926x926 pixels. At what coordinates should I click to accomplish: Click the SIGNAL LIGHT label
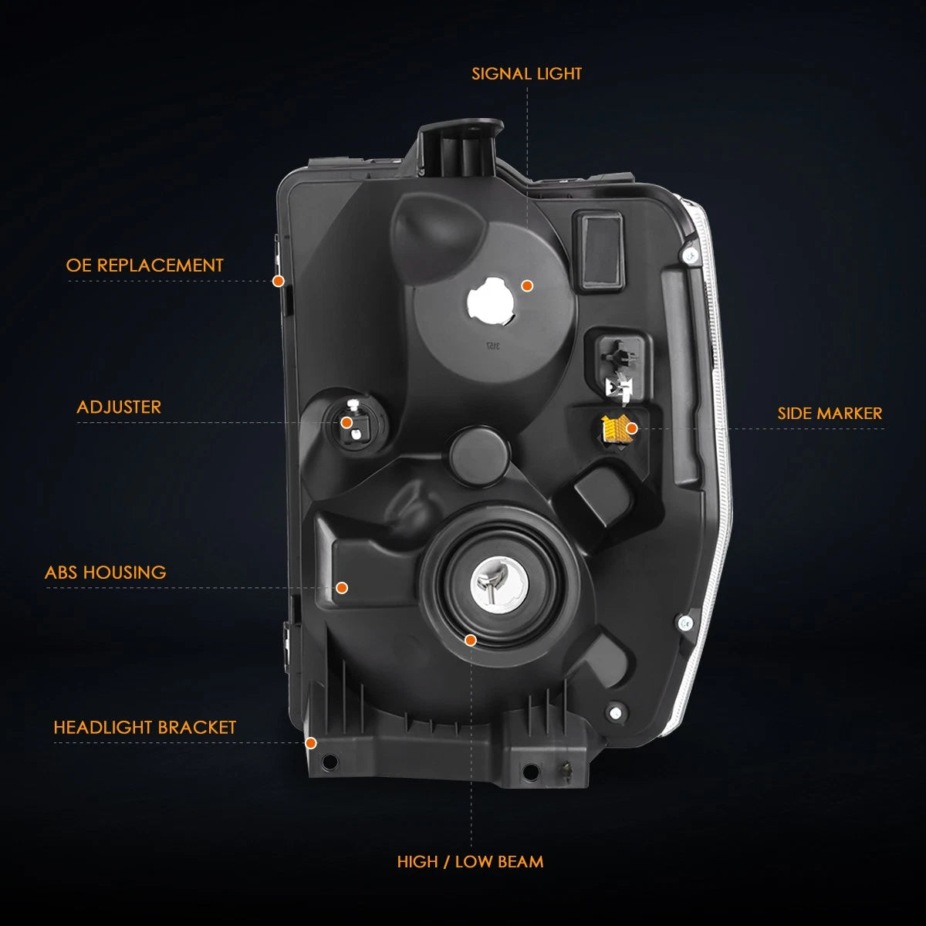coord(526,73)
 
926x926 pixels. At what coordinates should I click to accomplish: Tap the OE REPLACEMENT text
coord(144,265)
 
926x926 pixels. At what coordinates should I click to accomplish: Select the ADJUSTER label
coord(119,407)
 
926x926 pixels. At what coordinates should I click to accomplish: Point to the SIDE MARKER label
coord(830,414)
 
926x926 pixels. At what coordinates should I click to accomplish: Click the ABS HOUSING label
coord(105,573)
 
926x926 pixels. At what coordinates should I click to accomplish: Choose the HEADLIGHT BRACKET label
coord(144,728)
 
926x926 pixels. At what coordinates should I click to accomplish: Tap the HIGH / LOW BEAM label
coord(470,862)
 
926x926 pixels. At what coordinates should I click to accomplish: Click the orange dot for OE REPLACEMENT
coord(279,281)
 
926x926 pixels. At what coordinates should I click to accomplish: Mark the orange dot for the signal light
coord(527,286)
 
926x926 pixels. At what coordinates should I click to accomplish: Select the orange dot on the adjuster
coord(346,423)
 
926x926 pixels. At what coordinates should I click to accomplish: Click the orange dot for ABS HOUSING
coord(342,587)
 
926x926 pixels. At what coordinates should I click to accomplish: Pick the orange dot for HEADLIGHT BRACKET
coord(311,743)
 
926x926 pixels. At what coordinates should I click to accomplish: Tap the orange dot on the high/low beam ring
coord(471,640)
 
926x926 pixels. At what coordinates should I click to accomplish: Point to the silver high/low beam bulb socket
coord(499,585)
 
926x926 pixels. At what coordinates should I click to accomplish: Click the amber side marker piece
coord(614,429)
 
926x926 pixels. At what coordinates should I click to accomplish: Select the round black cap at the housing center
coord(480,454)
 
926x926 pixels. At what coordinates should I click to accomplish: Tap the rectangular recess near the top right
coord(599,252)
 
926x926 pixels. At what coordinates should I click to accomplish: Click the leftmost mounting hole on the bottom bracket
coord(330,761)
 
